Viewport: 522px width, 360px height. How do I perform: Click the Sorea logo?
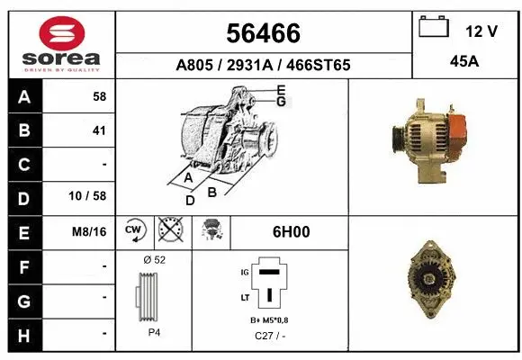click(x=61, y=44)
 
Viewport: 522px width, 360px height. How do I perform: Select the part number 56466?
click(x=264, y=33)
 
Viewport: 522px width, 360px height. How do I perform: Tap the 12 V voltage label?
click(x=481, y=31)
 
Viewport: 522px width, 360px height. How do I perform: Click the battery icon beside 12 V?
click(x=434, y=28)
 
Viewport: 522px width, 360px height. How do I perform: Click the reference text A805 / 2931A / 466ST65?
click(x=263, y=66)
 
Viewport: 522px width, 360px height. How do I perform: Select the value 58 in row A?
click(x=99, y=96)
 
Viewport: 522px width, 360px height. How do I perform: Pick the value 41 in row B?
click(x=99, y=130)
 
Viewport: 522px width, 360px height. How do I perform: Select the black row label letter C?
click(x=24, y=165)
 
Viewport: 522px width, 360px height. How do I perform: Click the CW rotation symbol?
click(x=134, y=231)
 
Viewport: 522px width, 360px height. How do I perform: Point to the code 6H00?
click(x=291, y=232)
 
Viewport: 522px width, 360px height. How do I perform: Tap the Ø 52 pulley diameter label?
click(x=154, y=259)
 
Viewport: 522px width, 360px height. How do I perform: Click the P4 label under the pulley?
click(x=155, y=332)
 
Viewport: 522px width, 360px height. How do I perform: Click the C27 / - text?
click(x=268, y=336)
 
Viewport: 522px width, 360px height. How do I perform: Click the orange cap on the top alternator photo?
click(x=455, y=132)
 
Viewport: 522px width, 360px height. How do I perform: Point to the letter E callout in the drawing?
click(x=281, y=90)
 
